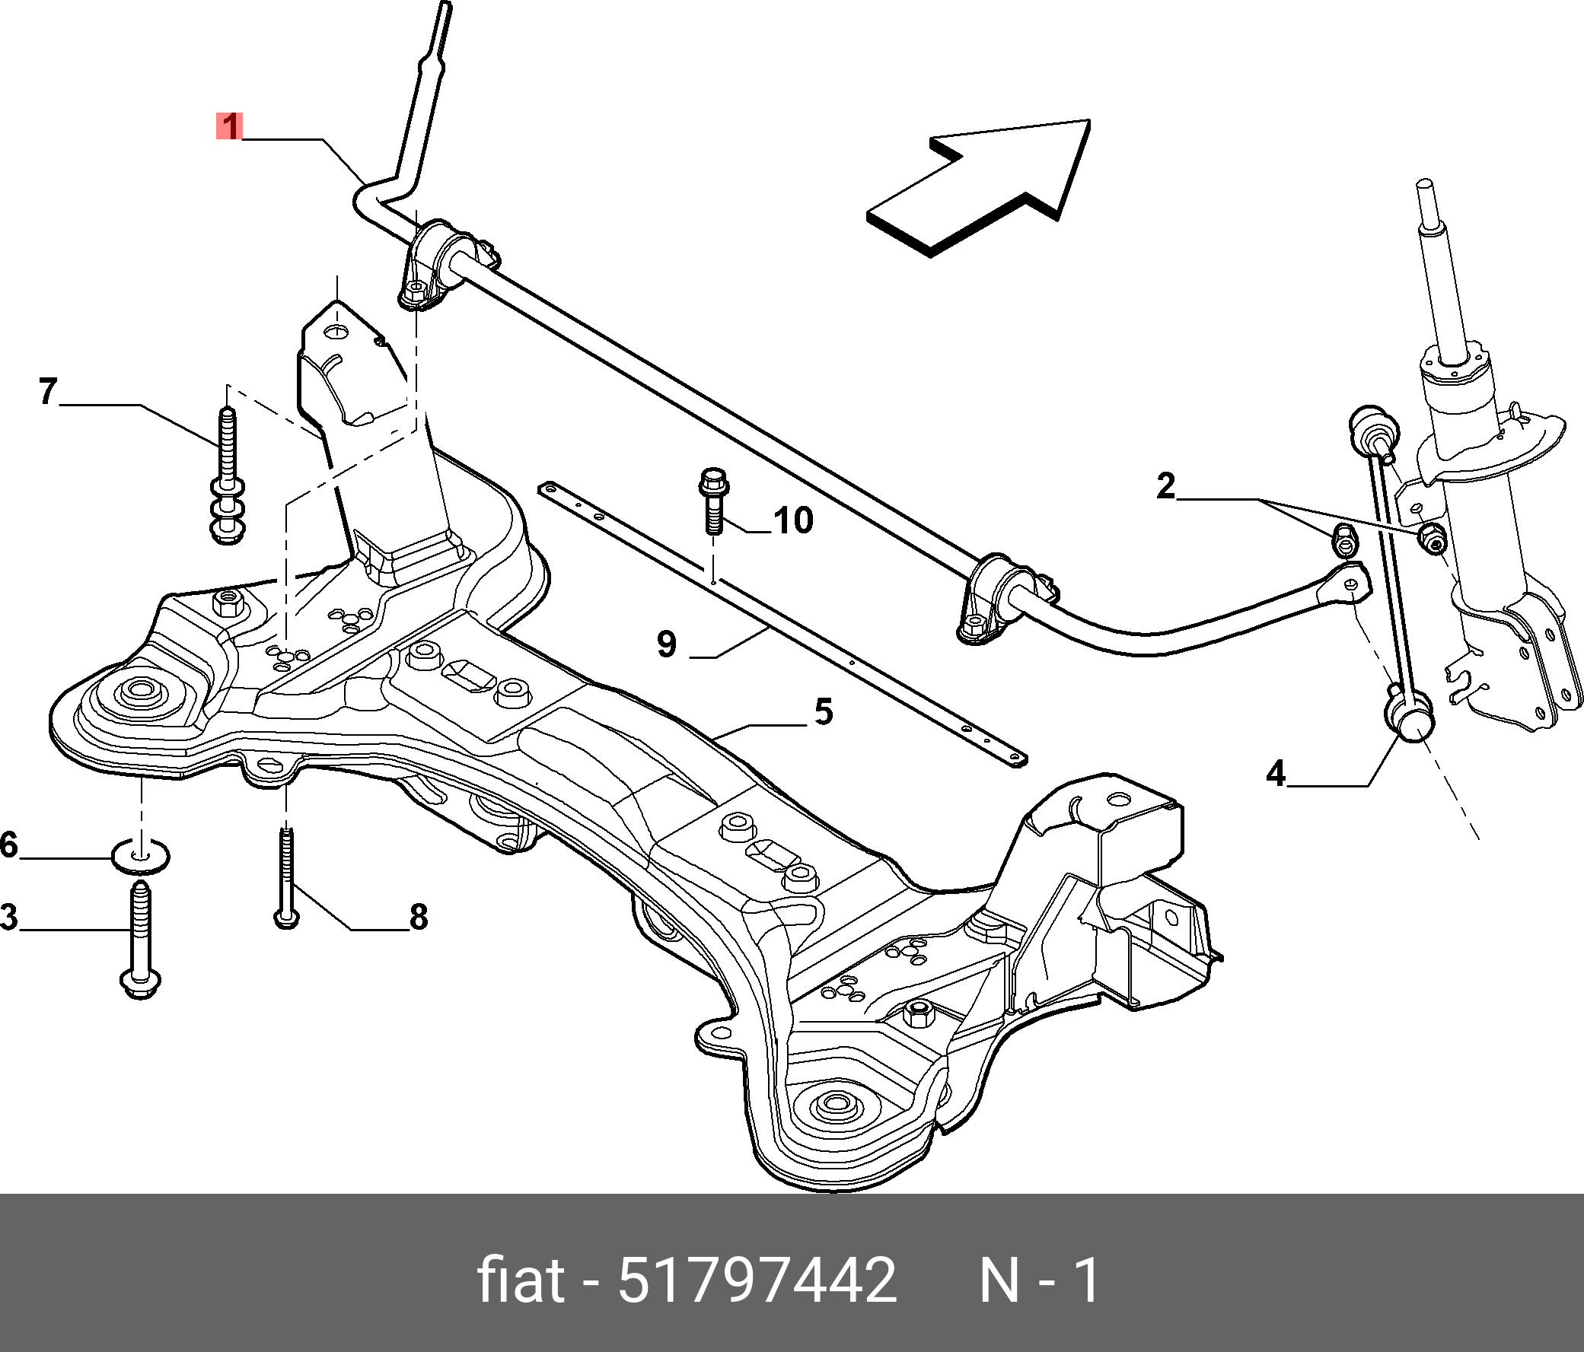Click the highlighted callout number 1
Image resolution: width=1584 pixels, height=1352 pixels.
coord(228,126)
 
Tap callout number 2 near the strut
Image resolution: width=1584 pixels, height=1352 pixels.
coord(1165,486)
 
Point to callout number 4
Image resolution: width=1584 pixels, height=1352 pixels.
coord(1275,774)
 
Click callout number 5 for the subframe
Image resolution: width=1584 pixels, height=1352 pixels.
coord(823,712)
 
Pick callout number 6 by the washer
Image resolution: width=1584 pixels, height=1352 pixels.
coord(8,845)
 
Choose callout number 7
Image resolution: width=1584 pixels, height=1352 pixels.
coord(48,391)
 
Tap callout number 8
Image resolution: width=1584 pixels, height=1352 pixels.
coord(418,916)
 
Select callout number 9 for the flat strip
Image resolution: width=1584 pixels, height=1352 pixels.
coord(667,644)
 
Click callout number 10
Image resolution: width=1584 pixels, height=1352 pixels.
coord(793,520)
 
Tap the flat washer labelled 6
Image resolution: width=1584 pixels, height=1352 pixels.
coord(142,855)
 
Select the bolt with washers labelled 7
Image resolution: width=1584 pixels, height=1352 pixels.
coord(227,478)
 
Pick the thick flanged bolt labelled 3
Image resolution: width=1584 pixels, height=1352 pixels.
coord(141,940)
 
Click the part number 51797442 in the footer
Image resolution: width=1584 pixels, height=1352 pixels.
coord(757,1280)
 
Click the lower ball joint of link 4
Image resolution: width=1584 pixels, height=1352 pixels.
coord(1410,719)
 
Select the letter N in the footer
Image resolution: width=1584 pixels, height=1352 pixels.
coord(999,1281)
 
